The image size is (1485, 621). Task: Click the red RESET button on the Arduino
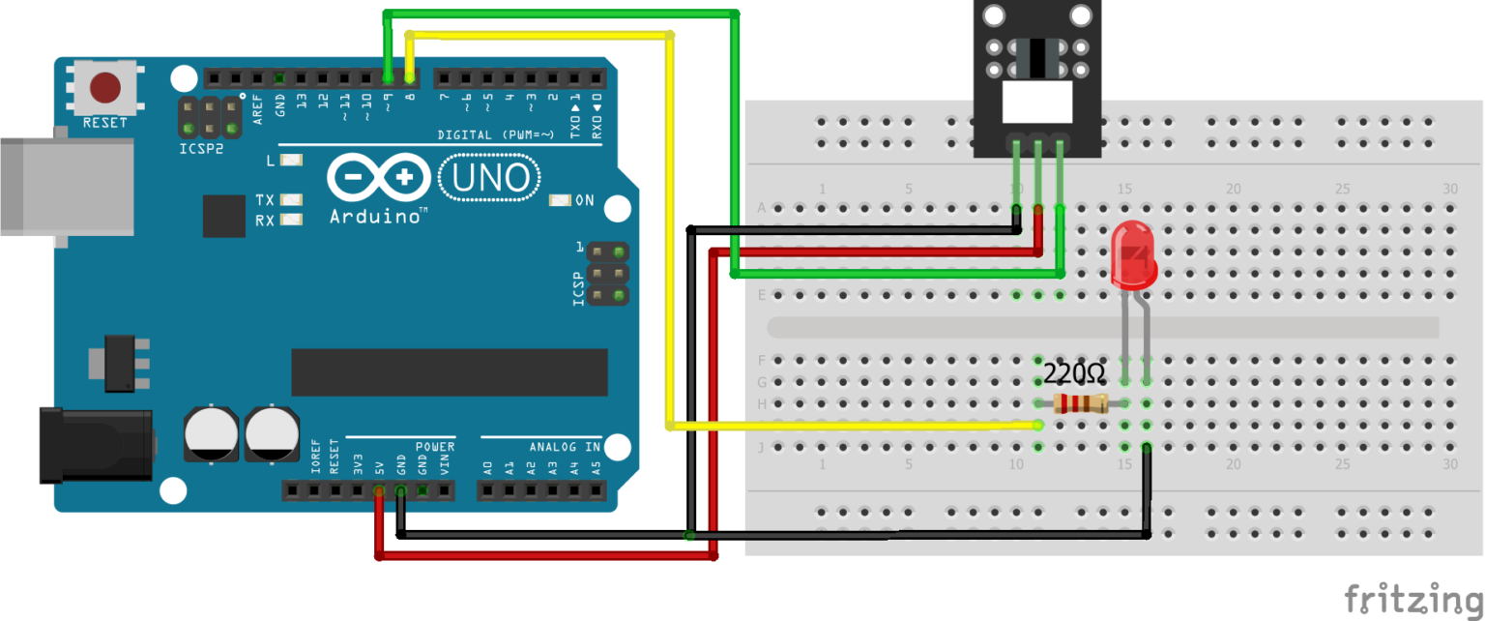105,88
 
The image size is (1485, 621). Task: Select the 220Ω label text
1073,372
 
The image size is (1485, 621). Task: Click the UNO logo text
490,178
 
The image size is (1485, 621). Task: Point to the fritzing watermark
1413,598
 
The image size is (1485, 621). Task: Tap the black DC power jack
94,445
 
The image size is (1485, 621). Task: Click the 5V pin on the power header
378,491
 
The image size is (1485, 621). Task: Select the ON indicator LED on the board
559,201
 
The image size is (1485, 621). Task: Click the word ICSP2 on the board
200,150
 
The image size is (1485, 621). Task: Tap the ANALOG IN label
565,447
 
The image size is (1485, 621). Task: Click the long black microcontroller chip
450,372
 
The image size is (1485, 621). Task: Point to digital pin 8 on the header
410,77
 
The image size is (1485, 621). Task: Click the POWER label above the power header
434,447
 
